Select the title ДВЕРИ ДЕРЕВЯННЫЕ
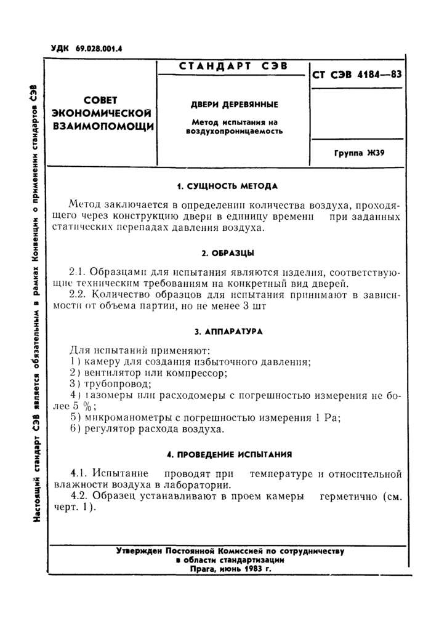(x=232, y=105)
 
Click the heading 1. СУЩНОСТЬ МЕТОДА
(x=228, y=186)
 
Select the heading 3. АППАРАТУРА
(x=228, y=331)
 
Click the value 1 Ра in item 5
(x=329, y=417)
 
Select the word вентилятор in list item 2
(x=112, y=373)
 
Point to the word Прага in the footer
(x=205, y=569)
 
